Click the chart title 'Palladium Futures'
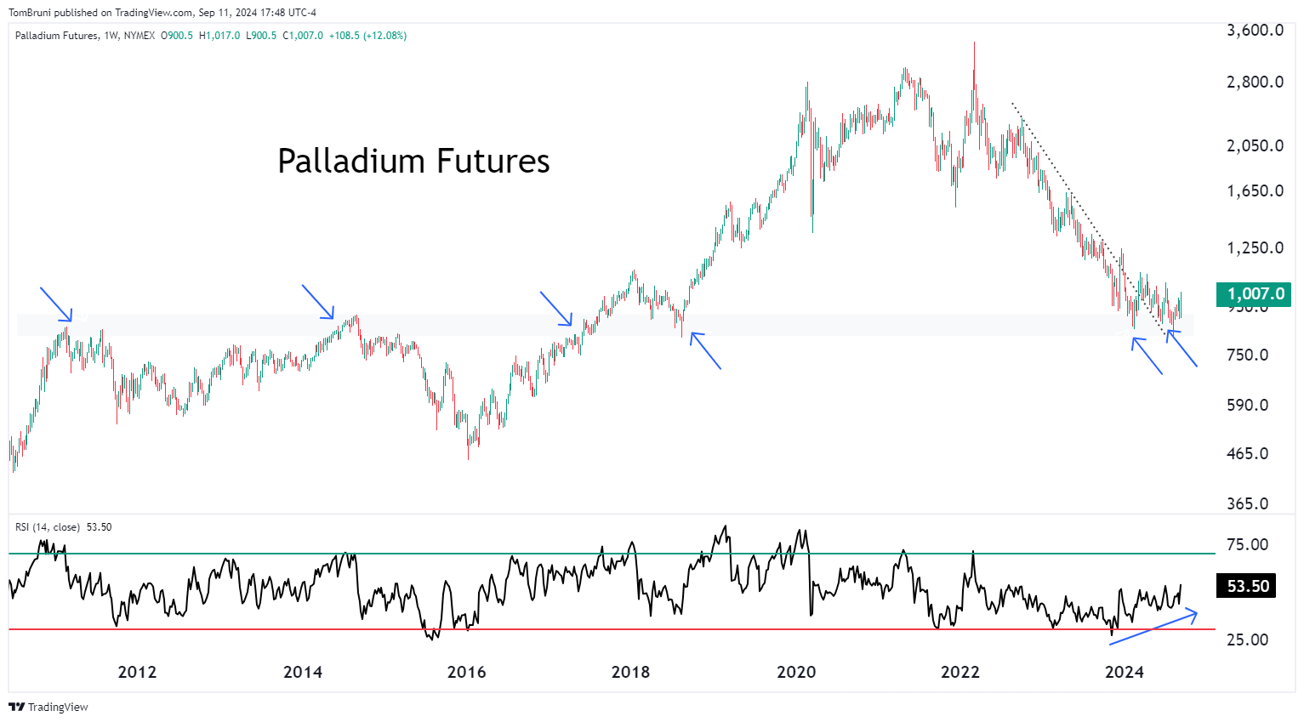(413, 162)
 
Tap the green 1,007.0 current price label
(1255, 294)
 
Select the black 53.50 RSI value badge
(1247, 586)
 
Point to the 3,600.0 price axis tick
(1255, 31)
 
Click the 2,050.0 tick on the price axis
(1255, 145)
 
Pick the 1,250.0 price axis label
(1255, 248)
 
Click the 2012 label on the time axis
(137, 673)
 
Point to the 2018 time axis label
(630, 673)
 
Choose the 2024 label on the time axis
(1124, 673)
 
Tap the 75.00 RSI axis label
(1247, 544)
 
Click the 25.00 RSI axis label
(1247, 640)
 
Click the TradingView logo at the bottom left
(48, 707)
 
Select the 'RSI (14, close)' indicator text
(48, 527)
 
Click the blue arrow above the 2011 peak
(56, 304)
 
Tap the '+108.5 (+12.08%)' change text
(367, 36)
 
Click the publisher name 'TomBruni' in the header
(28, 13)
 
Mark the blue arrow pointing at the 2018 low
(706, 350)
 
